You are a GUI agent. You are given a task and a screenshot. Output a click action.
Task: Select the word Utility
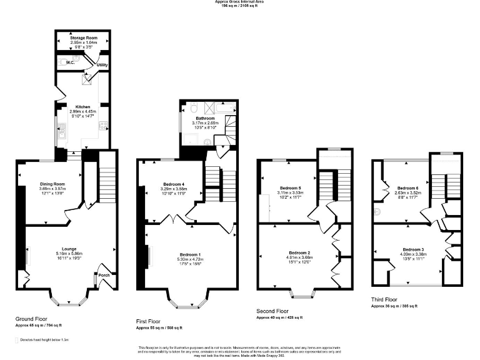[x=102, y=64]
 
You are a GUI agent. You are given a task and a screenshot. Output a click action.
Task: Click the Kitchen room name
[x=82, y=106]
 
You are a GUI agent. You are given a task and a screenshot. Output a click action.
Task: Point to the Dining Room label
[x=52, y=184]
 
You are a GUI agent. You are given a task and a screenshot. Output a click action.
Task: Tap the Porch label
[x=103, y=274]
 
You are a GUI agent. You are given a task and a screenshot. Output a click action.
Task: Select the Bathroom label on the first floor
[x=205, y=118]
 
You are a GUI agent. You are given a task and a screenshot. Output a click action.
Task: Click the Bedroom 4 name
[x=172, y=184]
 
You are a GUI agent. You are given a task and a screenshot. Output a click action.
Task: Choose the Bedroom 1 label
[x=190, y=254]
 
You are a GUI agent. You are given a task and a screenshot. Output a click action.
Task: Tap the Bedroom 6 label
[x=408, y=187]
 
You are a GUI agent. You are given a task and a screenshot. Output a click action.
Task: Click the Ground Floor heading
[x=31, y=318]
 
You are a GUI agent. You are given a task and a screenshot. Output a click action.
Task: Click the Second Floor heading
[x=272, y=311]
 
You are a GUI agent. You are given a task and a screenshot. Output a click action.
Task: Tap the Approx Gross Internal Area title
[x=239, y=2]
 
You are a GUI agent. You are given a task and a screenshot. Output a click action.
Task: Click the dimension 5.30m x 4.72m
[x=190, y=259]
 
